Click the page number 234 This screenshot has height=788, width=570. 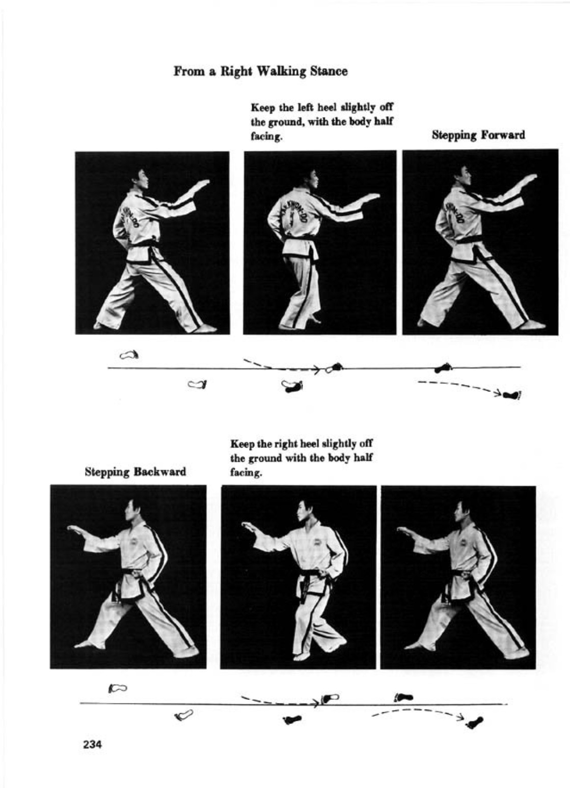pos(92,744)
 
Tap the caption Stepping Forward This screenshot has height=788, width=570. pos(478,135)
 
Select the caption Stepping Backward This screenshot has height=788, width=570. pos(135,472)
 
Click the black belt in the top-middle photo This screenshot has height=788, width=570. pos(301,239)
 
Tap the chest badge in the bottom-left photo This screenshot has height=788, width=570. pos(134,545)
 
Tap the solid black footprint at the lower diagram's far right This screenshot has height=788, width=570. pos(474,721)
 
